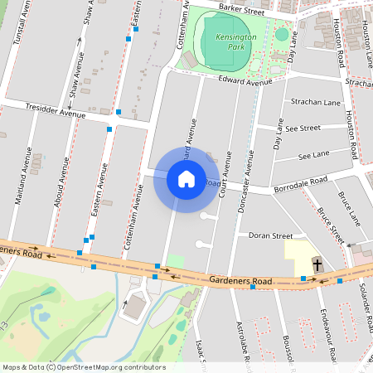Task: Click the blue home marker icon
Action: coord(186,179)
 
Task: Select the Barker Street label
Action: coord(241,10)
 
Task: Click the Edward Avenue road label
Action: coord(245,82)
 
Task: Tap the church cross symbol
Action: coord(317,265)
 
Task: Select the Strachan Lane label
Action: coord(316,102)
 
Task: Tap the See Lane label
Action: coord(313,154)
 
